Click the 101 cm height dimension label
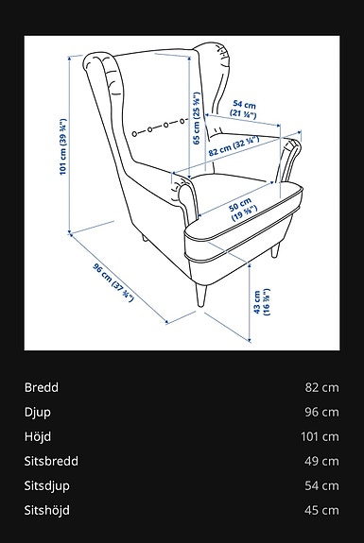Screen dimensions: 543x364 62,146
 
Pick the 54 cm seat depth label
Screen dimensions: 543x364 244,108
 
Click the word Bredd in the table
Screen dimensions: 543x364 42,387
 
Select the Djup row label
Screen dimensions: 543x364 38,412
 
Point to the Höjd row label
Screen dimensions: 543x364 38,436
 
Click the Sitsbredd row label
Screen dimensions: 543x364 51,461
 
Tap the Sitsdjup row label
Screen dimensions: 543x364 47,485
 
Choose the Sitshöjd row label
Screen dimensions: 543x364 47,510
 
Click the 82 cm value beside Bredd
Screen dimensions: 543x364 321,387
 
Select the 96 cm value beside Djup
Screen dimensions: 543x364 321,412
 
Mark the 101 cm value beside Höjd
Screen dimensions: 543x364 319,436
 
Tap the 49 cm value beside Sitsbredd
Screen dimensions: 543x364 321,461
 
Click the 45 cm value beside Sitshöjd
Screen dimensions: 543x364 321,510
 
